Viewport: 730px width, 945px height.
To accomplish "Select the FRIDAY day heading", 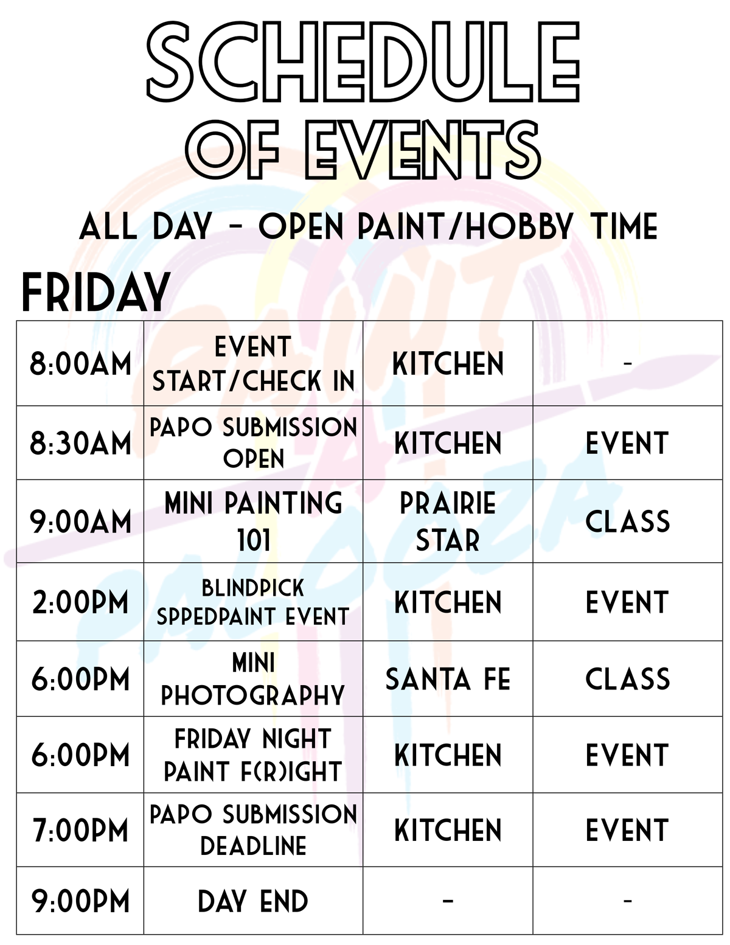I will click(x=96, y=293).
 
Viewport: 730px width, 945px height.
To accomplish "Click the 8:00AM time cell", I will click(x=80, y=364).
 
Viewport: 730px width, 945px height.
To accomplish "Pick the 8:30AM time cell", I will click(x=80, y=443).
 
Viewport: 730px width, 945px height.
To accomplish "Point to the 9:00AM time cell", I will click(x=80, y=521).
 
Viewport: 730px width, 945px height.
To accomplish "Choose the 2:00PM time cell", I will click(x=80, y=602).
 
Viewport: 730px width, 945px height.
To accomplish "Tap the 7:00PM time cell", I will click(x=80, y=831).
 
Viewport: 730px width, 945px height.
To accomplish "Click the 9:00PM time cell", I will click(x=80, y=901).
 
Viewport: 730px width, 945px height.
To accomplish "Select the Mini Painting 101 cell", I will click(x=253, y=521).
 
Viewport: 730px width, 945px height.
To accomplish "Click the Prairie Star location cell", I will click(x=448, y=521).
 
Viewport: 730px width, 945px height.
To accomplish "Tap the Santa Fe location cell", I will click(x=448, y=679).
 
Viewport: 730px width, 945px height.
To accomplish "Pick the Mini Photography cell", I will click(x=253, y=679).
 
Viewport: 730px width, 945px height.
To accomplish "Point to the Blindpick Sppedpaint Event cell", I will click(x=253, y=602).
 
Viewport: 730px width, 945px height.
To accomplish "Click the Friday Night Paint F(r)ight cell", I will click(x=253, y=755).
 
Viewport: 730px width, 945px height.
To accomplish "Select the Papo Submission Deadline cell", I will click(x=253, y=831).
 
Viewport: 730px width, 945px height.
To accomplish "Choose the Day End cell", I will click(x=253, y=901).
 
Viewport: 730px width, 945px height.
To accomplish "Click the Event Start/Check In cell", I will click(x=253, y=364).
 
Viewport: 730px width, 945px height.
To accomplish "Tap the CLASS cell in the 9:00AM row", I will click(x=627, y=521).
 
